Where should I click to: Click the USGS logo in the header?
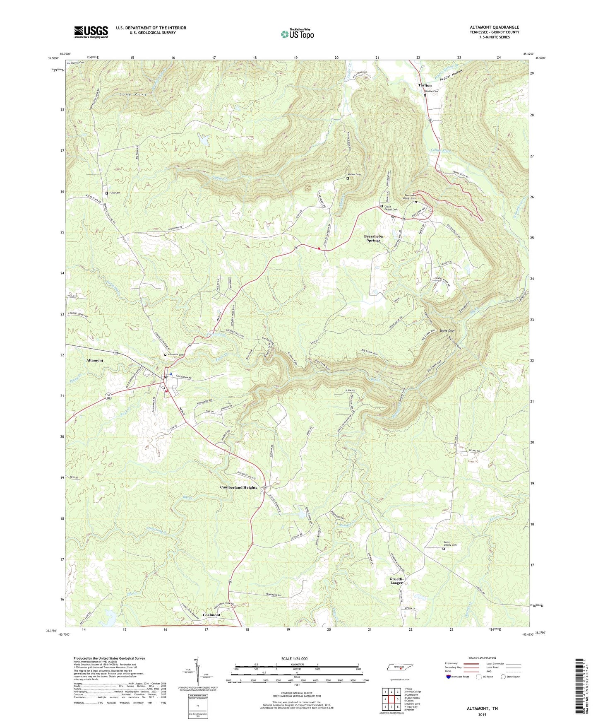coord(91,32)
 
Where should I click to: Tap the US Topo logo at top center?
coord(297,34)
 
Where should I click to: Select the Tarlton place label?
coord(425,85)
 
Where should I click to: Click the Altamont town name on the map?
coord(95,360)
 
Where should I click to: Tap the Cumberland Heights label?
coord(238,487)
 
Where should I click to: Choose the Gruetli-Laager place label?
coord(396,581)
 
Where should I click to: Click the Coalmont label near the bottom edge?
coord(211,615)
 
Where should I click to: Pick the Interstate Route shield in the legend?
coord(449,677)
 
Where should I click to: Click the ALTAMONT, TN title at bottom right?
coord(482,709)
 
